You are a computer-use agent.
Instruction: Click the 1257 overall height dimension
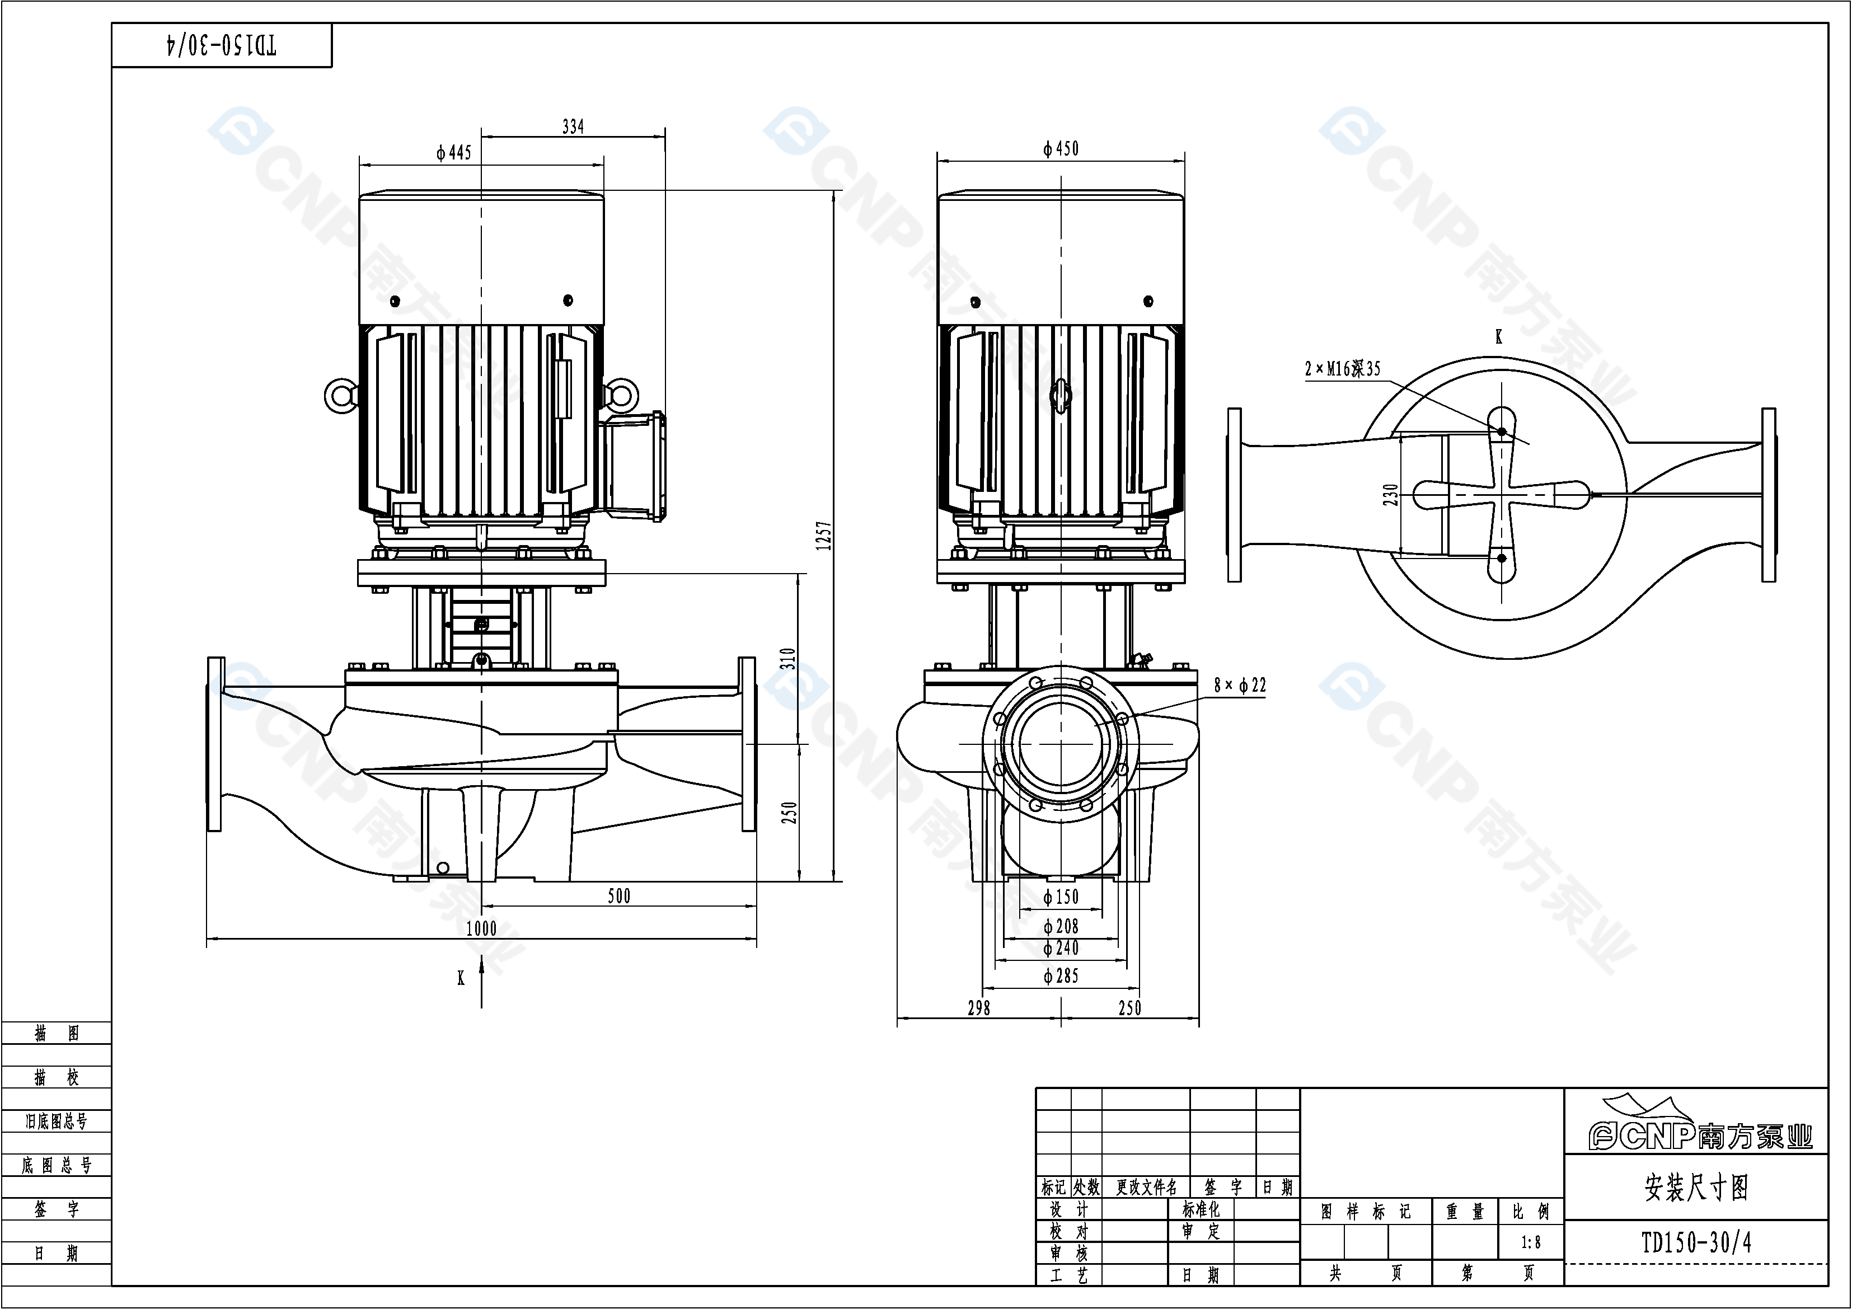pos(823,536)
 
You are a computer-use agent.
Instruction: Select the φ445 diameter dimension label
pos(453,152)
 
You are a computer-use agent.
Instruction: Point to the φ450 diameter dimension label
pos(1060,148)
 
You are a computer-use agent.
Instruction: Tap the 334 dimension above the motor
pos(573,126)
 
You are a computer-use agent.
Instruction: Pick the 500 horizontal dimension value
pos(618,896)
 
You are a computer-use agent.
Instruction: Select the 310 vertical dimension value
pos(788,658)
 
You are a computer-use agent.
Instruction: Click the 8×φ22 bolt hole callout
pos(1240,686)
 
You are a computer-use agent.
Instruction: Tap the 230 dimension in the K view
pos(1390,494)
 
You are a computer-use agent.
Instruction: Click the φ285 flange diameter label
pos(1061,976)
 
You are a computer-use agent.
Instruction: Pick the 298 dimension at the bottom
pos(978,1007)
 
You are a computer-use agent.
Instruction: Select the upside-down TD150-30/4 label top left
pos(222,45)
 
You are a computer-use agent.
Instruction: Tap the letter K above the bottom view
pos(1499,337)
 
